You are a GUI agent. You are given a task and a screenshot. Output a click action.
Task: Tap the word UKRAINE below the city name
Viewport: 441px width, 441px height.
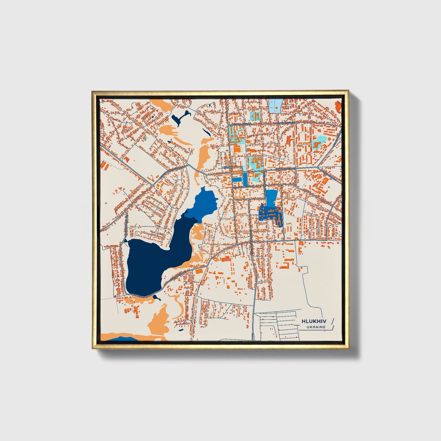pos(316,327)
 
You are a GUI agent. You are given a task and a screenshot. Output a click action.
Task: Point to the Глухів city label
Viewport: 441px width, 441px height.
pos(228,168)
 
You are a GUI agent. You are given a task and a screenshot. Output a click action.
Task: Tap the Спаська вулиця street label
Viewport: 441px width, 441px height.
pos(243,186)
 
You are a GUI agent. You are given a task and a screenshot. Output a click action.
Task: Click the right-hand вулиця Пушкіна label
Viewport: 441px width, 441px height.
pos(286,123)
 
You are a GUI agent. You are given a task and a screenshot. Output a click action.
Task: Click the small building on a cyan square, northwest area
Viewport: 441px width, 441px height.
pos(144,138)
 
